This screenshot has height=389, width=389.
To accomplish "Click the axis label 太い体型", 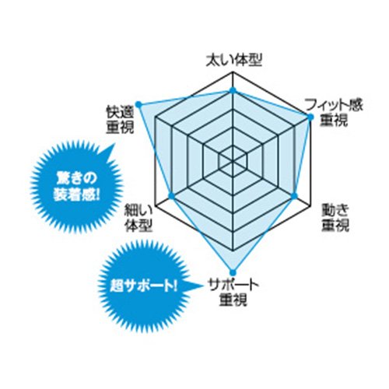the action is [234, 61].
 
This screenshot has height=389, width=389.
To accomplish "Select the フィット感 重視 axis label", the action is [334, 113].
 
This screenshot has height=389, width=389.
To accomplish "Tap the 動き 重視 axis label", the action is [335, 218].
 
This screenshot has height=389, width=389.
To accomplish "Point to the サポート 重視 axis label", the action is [233, 293].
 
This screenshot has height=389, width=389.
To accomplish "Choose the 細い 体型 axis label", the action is [138, 219].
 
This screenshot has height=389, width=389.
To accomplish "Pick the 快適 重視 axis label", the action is [120, 120].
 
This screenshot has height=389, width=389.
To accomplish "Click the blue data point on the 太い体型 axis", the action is [233, 90].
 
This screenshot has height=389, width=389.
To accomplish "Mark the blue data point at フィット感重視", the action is [310, 117].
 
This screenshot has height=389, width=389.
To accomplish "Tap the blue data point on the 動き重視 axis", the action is [295, 195].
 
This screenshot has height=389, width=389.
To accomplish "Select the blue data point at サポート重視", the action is [233, 272].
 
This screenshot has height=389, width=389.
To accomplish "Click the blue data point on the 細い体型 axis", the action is [171, 195].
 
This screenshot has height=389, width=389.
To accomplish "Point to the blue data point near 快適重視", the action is [138, 104].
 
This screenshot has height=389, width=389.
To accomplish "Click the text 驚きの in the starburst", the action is [76, 178].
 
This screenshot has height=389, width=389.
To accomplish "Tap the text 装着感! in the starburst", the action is [76, 194].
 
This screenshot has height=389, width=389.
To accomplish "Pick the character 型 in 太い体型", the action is [255, 61].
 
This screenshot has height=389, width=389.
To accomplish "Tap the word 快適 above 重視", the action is [120, 113].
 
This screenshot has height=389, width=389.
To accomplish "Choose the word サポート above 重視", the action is [233, 285].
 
